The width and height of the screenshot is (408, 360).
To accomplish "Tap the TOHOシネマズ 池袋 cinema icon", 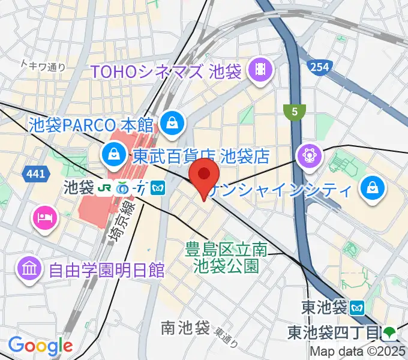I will [261, 71].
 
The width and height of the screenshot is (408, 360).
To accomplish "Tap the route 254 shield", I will [320, 67].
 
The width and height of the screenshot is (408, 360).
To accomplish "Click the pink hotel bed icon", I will [46, 214].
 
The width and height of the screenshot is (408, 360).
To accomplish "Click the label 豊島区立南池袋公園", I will [226, 257].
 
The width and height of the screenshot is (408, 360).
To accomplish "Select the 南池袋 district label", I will [185, 328].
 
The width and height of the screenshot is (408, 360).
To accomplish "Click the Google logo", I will [40, 346].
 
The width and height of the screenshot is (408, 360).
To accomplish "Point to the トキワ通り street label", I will [43, 65].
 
